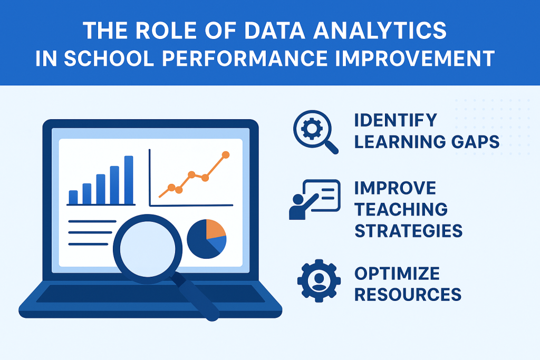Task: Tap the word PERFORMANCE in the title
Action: click(x=245, y=58)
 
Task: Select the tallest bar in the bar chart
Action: click(x=129, y=180)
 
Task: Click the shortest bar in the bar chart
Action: click(x=73, y=197)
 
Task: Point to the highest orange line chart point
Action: click(x=226, y=155)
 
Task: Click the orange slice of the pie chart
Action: click(x=215, y=228)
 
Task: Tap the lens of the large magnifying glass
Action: click(x=148, y=249)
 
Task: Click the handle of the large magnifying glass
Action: click(x=196, y=296)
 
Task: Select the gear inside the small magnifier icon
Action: click(x=312, y=129)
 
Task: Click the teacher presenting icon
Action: click(x=314, y=199)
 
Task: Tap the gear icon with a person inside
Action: click(x=319, y=280)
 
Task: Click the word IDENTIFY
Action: click(x=396, y=120)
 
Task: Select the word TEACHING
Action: click(x=401, y=209)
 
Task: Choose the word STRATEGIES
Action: click(x=409, y=230)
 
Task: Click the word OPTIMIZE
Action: click(x=397, y=274)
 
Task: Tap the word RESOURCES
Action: click(x=408, y=295)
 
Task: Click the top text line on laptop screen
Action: click(x=92, y=221)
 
